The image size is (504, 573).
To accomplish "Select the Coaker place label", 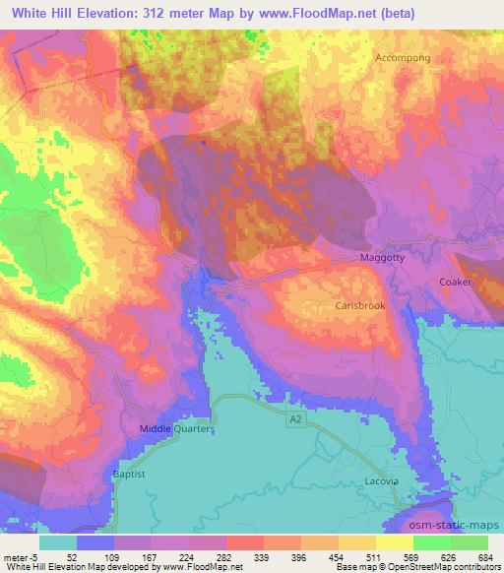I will [x=457, y=283].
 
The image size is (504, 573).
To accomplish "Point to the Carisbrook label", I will [x=360, y=306].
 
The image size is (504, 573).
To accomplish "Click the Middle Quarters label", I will [x=177, y=429].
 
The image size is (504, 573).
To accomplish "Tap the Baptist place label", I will [x=127, y=474].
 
